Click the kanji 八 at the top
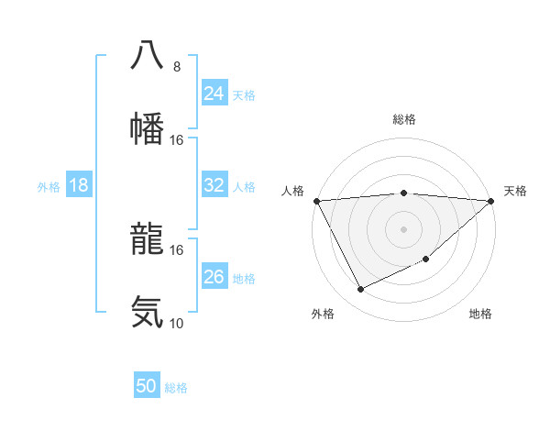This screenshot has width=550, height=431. (148, 54)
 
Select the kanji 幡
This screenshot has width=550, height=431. (148, 127)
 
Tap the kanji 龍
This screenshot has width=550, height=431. (148, 239)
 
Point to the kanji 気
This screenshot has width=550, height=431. (148, 312)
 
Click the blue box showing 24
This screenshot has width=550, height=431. (214, 94)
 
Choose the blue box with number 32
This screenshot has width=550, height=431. (214, 185)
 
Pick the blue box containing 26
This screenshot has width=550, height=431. (214, 277)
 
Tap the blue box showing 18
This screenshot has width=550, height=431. (79, 185)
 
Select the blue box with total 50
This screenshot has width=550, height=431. (147, 386)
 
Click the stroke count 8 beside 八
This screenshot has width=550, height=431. (176, 67)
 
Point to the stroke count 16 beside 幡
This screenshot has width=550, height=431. (177, 140)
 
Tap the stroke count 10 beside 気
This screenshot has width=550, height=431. (177, 324)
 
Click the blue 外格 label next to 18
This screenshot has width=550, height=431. (49, 186)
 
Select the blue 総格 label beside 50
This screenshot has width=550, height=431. (176, 388)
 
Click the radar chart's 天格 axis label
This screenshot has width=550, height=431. (515, 191)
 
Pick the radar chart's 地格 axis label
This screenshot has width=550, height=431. (480, 314)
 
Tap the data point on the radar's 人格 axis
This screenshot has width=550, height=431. (316, 200)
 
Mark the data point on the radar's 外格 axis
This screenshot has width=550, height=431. (360, 290)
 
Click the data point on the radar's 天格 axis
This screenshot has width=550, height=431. (491, 200)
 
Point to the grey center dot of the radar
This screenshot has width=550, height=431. (403, 228)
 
